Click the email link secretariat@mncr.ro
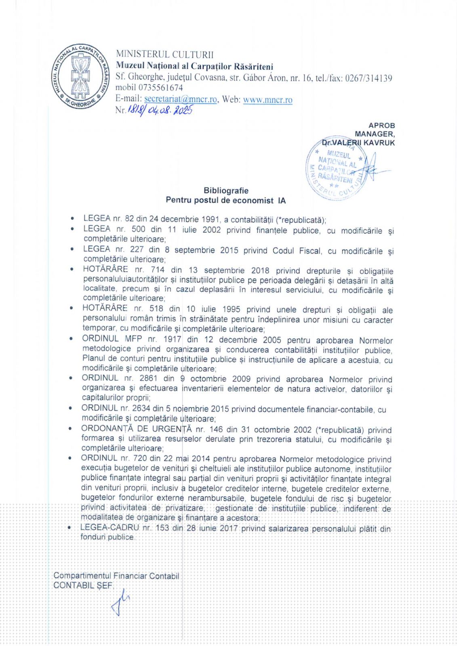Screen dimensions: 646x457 coord(181,99)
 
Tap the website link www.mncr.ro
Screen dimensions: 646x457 coord(267,100)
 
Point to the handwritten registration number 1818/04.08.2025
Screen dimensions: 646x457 coord(160,110)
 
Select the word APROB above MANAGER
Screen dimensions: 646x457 coord(381,126)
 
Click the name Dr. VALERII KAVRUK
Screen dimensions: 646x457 coord(358,143)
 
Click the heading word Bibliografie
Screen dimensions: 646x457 coord(226,191)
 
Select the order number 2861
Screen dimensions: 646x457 coord(148,378)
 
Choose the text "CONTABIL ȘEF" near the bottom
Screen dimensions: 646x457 coord(83,585)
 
